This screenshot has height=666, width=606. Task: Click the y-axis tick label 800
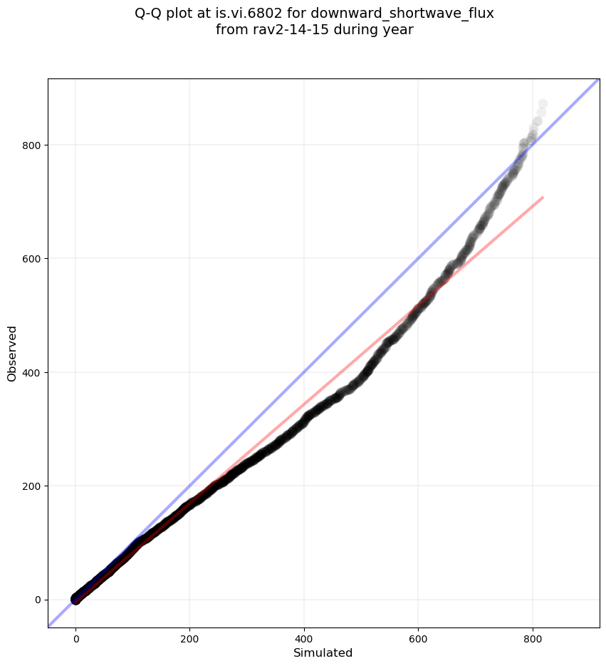32,145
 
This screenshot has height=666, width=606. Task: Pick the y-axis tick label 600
32,259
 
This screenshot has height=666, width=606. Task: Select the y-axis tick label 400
32,372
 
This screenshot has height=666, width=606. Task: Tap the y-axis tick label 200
32,486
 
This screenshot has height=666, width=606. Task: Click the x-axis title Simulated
323,653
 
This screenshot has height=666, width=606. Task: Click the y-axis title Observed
12,353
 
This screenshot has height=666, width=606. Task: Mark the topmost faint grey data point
543,104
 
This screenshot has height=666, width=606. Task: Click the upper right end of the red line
543,197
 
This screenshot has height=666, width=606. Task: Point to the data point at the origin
75,599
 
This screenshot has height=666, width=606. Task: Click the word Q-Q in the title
150,14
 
